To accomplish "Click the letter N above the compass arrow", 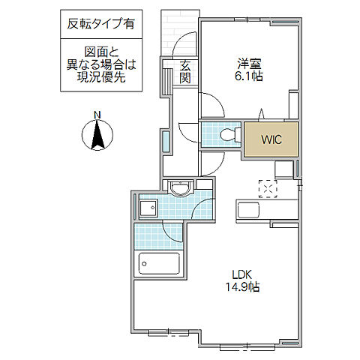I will coord(97,114).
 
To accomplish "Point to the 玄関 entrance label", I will coord(184,73).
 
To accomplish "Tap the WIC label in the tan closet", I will coord(271,139).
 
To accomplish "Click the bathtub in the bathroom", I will coord(159,265).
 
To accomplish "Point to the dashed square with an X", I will coord(268,187).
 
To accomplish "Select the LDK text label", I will coord(240,275).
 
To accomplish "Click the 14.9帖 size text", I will coord(240,287).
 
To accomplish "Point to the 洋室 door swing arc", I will coord(210,105).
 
